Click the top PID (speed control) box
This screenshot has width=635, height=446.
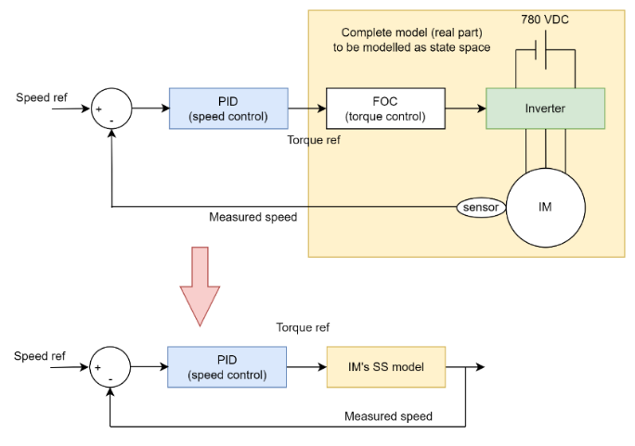tap(228, 108)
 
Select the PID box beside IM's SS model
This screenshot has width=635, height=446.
tap(227, 367)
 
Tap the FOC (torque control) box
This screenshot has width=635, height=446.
tap(385, 108)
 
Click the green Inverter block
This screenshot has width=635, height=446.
tap(545, 108)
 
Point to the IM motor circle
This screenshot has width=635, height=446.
tap(545, 207)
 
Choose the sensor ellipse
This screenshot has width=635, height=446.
tap(480, 207)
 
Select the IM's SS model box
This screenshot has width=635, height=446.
tap(385, 367)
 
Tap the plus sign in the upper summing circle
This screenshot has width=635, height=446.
tap(98, 109)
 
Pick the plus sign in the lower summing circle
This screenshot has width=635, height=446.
tap(97, 368)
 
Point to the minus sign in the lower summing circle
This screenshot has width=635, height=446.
tap(110, 378)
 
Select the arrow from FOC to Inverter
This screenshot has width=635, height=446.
tap(465, 108)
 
